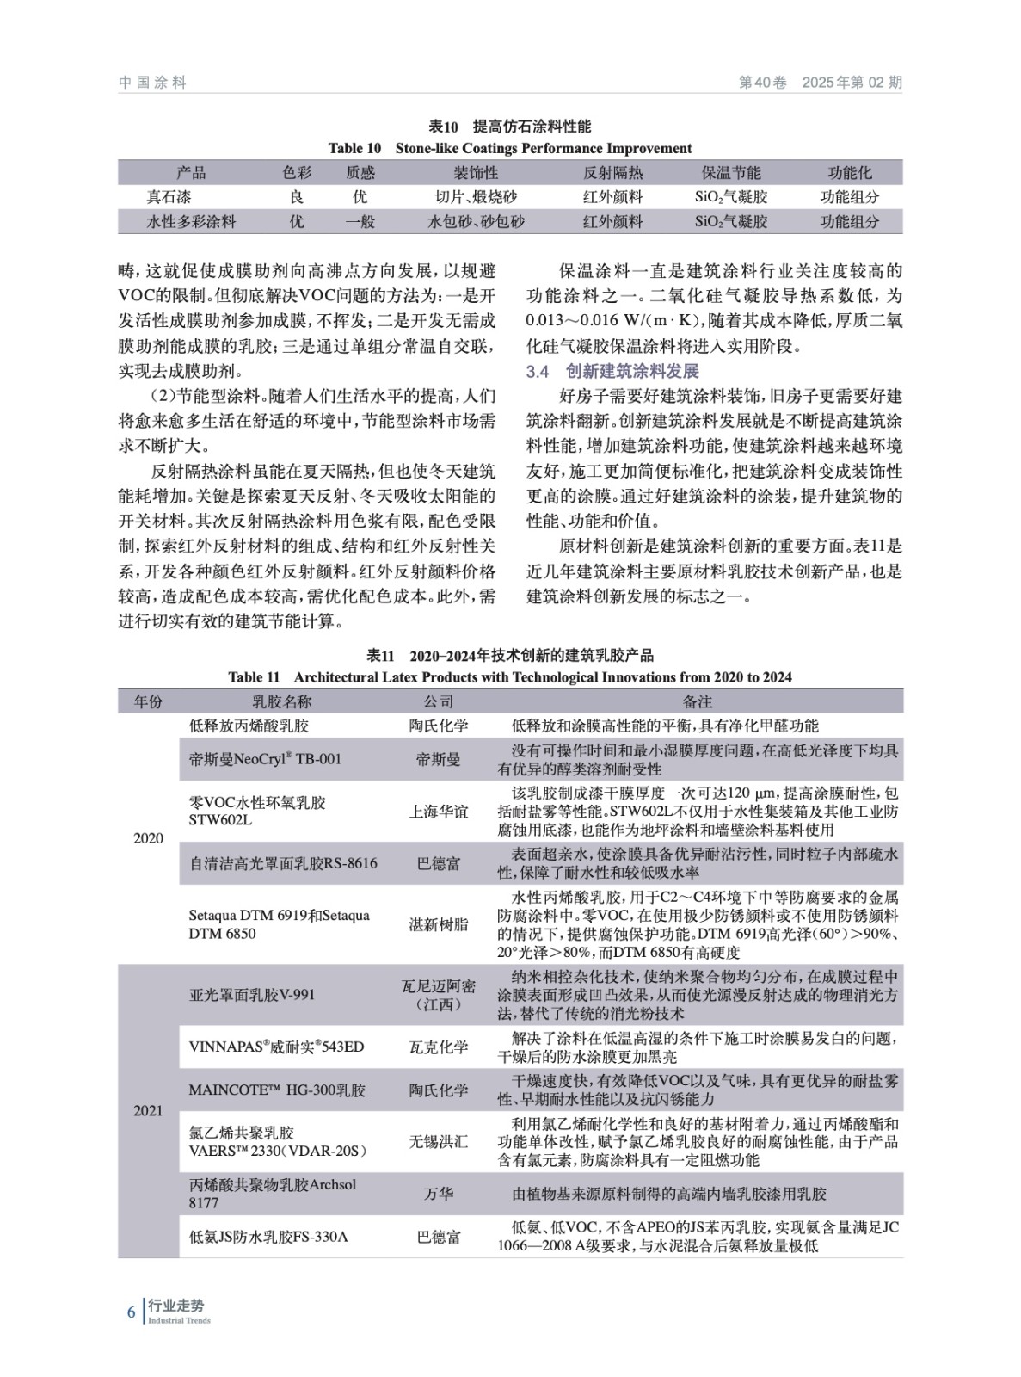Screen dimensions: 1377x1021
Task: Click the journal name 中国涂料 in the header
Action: pyautogui.click(x=152, y=83)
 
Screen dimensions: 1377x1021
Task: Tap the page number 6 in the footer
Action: pyautogui.click(x=131, y=1312)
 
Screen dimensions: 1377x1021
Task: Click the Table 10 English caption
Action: pyautogui.click(x=510, y=148)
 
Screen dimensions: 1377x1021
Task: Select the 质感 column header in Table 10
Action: pyautogui.click(x=360, y=173)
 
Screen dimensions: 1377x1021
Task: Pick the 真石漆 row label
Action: pyautogui.click(x=169, y=197)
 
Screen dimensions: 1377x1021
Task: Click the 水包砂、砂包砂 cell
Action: pyautogui.click(x=476, y=221)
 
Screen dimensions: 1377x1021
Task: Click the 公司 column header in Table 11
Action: pyautogui.click(x=438, y=701)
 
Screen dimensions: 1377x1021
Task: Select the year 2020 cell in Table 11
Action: pyautogui.click(x=148, y=838)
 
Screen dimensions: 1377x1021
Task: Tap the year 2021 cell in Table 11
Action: pyautogui.click(x=148, y=1110)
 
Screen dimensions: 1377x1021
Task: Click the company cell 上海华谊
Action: pyautogui.click(x=438, y=811)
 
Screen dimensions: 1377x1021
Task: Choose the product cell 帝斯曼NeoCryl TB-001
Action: pyautogui.click(x=265, y=759)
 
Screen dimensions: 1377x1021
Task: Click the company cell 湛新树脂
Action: pyautogui.click(x=438, y=924)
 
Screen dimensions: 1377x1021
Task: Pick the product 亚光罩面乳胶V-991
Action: pyautogui.click(x=252, y=995)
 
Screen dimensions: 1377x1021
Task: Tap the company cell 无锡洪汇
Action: pyautogui.click(x=438, y=1141)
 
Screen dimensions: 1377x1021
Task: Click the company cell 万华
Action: pyautogui.click(x=438, y=1194)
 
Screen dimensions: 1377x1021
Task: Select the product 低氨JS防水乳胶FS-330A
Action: pyautogui.click(x=268, y=1237)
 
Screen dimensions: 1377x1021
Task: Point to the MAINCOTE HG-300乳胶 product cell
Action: pyautogui.click(x=277, y=1090)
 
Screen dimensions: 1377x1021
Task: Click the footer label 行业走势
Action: pyautogui.click(x=176, y=1306)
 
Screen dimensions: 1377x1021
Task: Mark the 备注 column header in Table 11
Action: pyautogui.click(x=698, y=701)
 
